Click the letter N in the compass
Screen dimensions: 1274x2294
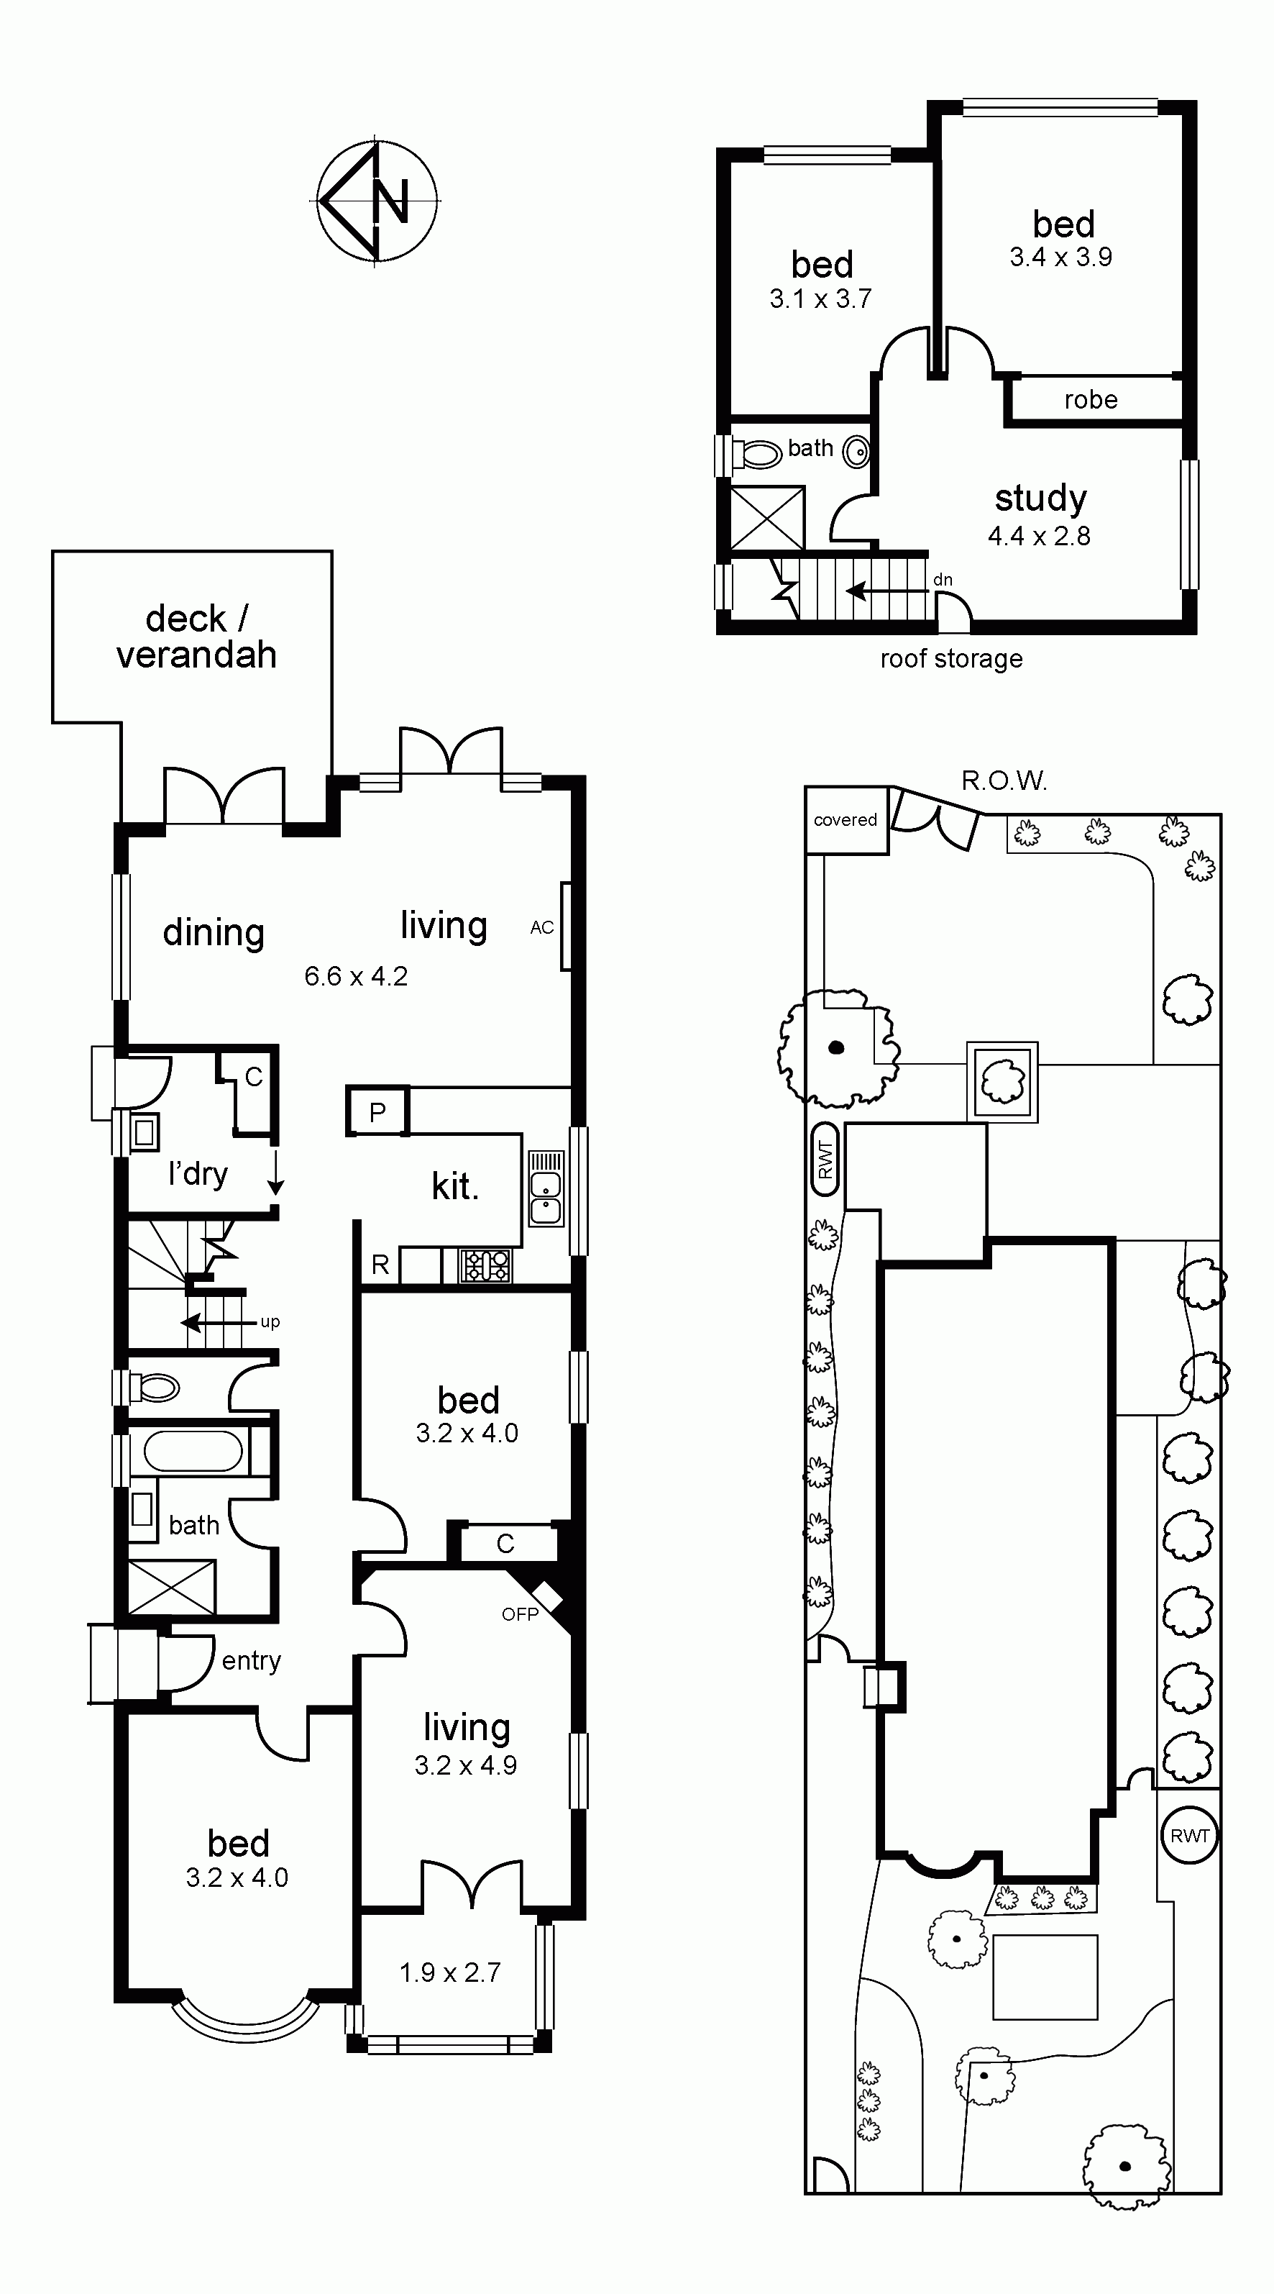(x=391, y=201)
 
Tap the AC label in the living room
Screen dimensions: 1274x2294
(x=542, y=927)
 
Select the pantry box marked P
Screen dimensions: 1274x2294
(x=377, y=1111)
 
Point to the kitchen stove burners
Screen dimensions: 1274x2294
(x=485, y=1265)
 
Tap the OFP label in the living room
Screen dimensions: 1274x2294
(x=520, y=1613)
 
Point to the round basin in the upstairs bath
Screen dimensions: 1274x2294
(x=856, y=452)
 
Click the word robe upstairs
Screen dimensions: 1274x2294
(x=1091, y=400)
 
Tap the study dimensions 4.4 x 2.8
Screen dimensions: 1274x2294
(x=1039, y=535)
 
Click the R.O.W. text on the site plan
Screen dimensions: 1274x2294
(x=1004, y=781)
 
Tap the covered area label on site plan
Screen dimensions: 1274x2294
(x=845, y=819)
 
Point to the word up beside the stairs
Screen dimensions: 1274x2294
(x=270, y=1322)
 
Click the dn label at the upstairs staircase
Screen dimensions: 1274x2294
(x=943, y=580)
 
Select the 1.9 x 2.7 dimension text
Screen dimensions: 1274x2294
(x=449, y=1972)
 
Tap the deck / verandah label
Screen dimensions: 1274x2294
(x=196, y=636)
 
